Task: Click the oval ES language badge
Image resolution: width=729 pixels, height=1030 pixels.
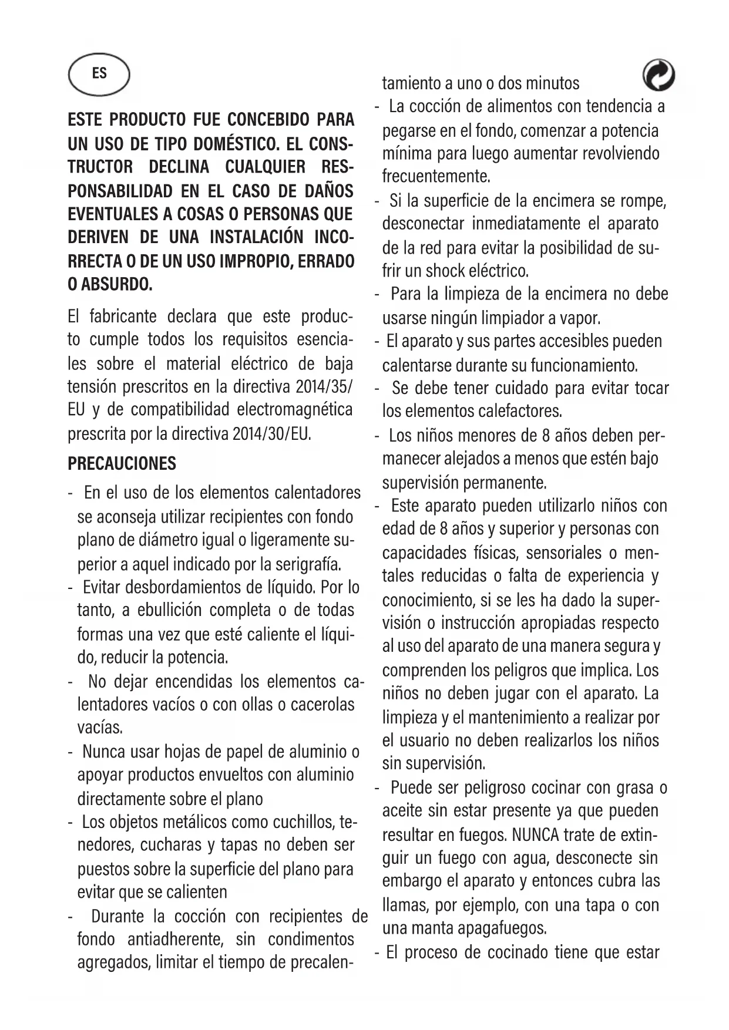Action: pyautogui.click(x=99, y=73)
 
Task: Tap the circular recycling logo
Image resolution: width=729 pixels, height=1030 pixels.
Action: pyautogui.click(x=658, y=76)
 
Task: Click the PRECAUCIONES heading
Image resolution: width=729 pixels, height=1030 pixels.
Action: pyautogui.click(x=122, y=463)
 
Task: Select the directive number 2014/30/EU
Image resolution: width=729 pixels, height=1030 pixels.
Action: pyautogui.click(x=271, y=434)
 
